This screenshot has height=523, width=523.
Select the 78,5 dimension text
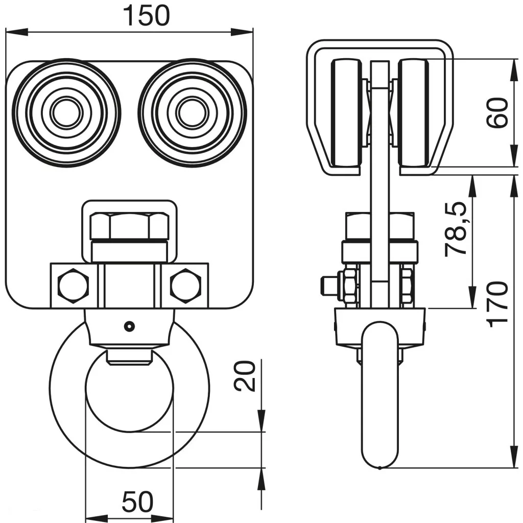point(456,228)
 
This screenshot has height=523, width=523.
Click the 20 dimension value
point(245,376)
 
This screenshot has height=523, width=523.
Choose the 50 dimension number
point(137,502)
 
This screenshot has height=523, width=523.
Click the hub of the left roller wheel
point(66,113)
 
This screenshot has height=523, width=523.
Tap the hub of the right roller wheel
point(192,113)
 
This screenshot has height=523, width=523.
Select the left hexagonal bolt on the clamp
point(74,285)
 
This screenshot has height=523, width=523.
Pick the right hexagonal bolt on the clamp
point(185,285)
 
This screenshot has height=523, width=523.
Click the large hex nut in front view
point(130,226)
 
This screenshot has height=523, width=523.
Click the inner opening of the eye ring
point(130,393)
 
